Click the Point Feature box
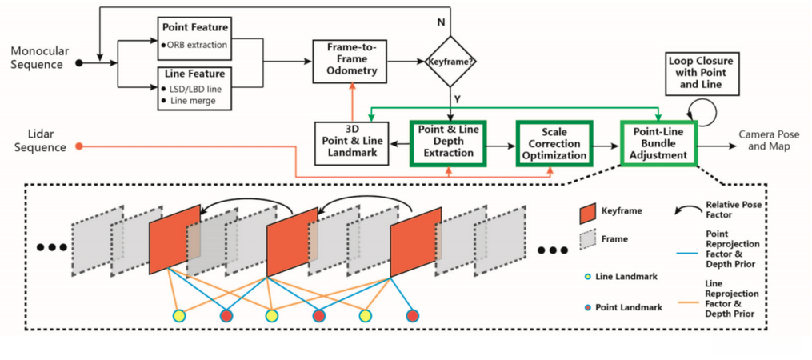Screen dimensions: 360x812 pyautogui.click(x=194, y=37)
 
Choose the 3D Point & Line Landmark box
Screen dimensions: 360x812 pyautogui.click(x=352, y=142)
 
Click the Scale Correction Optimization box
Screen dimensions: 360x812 pyautogui.click(x=554, y=142)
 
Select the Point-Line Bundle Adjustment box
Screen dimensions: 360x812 pyautogui.click(x=658, y=142)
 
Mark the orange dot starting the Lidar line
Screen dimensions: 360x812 pyautogui.click(x=78, y=146)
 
